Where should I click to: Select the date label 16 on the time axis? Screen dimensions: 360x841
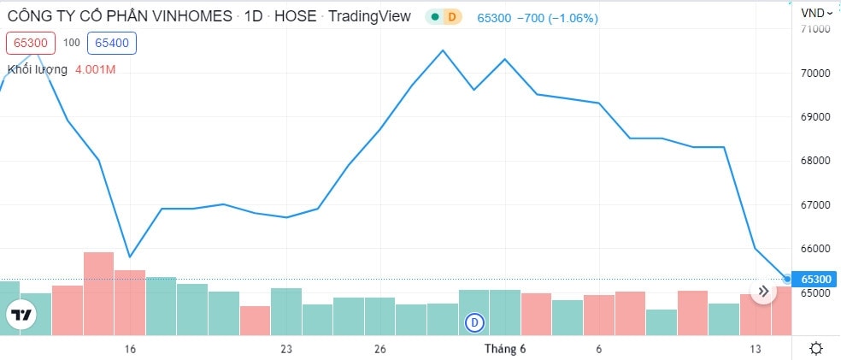click(131, 349)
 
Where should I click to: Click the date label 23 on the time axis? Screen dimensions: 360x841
click(286, 349)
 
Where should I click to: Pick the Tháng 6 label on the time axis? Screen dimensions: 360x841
click(505, 349)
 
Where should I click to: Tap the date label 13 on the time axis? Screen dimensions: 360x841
click(756, 349)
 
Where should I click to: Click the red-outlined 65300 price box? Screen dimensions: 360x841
click(32, 43)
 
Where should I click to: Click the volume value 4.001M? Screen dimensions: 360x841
click(95, 69)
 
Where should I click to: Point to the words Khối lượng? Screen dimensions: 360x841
click(38, 69)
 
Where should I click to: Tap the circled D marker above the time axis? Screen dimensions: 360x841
click(474, 322)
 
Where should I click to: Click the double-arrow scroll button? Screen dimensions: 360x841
click(762, 292)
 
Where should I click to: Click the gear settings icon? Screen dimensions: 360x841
click(816, 348)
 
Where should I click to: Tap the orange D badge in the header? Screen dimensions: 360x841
click(452, 16)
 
